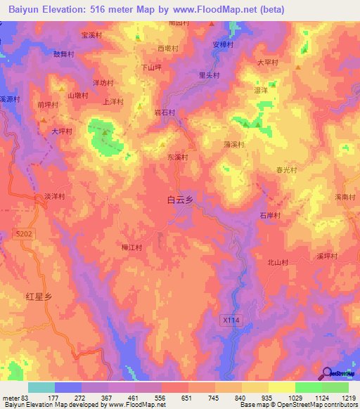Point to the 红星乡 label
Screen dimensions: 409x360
click(39, 297)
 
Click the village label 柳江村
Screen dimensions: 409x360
click(131, 247)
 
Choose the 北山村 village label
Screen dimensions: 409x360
click(278, 262)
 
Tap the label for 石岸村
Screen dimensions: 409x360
click(270, 216)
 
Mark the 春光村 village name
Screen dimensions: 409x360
click(287, 170)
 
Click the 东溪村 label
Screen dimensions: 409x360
click(177, 157)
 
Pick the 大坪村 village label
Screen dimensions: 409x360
click(62, 131)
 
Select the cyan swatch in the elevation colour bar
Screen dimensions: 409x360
click(41, 387)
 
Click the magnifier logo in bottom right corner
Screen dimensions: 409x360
click(326, 373)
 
